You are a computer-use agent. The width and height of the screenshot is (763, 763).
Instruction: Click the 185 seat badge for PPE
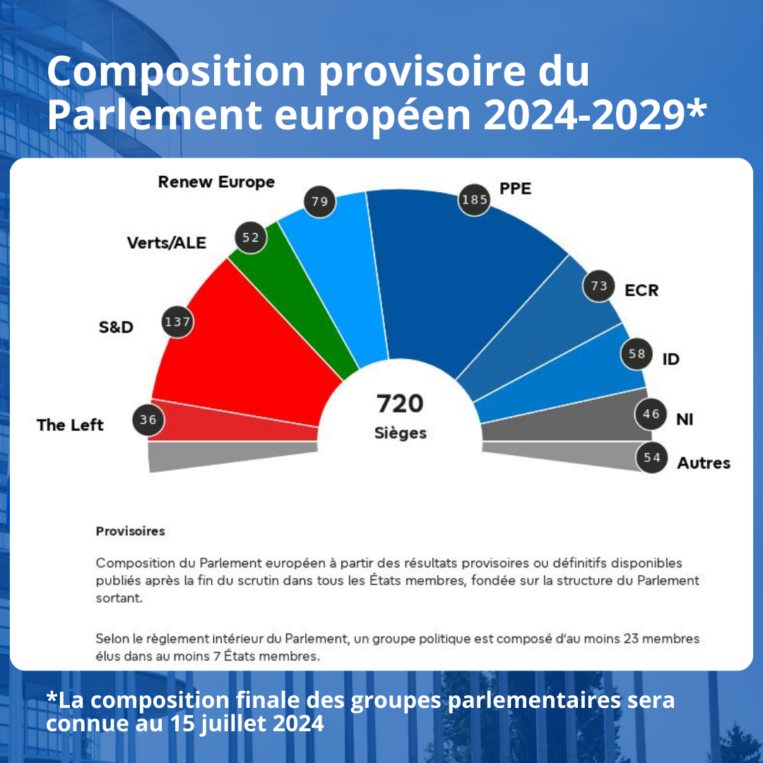click(x=475, y=200)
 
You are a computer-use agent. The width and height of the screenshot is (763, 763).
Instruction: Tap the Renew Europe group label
click(x=216, y=182)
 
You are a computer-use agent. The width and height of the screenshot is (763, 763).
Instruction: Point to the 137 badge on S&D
click(x=177, y=322)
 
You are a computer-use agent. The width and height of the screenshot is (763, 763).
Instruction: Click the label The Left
click(x=70, y=425)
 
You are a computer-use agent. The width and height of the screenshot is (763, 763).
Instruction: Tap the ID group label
click(x=670, y=360)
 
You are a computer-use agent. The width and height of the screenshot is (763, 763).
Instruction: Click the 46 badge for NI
click(x=651, y=414)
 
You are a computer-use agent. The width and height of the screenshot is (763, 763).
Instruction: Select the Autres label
click(x=704, y=463)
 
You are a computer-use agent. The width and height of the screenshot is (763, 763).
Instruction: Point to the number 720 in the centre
click(x=400, y=403)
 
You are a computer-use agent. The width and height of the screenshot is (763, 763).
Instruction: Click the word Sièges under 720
click(x=401, y=433)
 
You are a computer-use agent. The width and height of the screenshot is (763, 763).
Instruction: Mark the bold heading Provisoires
click(x=130, y=531)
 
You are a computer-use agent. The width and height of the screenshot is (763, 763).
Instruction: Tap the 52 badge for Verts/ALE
click(x=251, y=237)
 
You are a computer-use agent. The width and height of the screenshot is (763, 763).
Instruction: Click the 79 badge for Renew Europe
click(x=319, y=202)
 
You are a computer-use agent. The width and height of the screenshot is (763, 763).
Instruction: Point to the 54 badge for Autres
click(x=652, y=458)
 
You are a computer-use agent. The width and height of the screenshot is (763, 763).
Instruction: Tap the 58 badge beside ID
click(x=637, y=354)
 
